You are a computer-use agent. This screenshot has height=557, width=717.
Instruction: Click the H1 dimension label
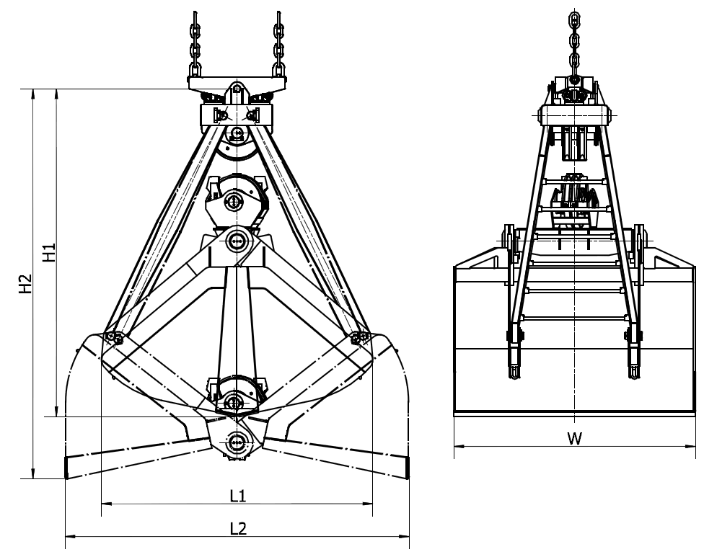click(49, 251)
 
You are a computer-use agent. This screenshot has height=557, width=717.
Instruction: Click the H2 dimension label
click(25, 283)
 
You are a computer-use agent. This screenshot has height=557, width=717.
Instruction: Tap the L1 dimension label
click(238, 495)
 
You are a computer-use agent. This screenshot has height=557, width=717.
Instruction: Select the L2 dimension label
click(238, 528)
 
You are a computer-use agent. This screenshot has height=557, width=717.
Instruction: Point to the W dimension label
click(575, 439)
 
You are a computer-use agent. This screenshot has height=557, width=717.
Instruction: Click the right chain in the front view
click(278, 44)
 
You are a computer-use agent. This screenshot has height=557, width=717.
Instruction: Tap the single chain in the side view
click(575, 45)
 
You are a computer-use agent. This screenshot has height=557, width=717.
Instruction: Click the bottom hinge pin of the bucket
click(237, 442)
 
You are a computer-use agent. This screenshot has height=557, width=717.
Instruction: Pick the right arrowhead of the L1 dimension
click(368, 504)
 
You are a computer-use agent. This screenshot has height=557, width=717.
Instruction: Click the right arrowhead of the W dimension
click(690, 445)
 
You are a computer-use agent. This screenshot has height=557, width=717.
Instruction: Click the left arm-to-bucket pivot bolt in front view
click(114, 338)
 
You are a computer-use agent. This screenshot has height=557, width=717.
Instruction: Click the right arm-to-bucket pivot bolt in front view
click(359, 338)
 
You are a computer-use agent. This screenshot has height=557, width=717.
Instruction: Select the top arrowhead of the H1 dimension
click(57, 94)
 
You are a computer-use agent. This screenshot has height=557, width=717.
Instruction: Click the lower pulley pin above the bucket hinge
click(234, 403)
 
